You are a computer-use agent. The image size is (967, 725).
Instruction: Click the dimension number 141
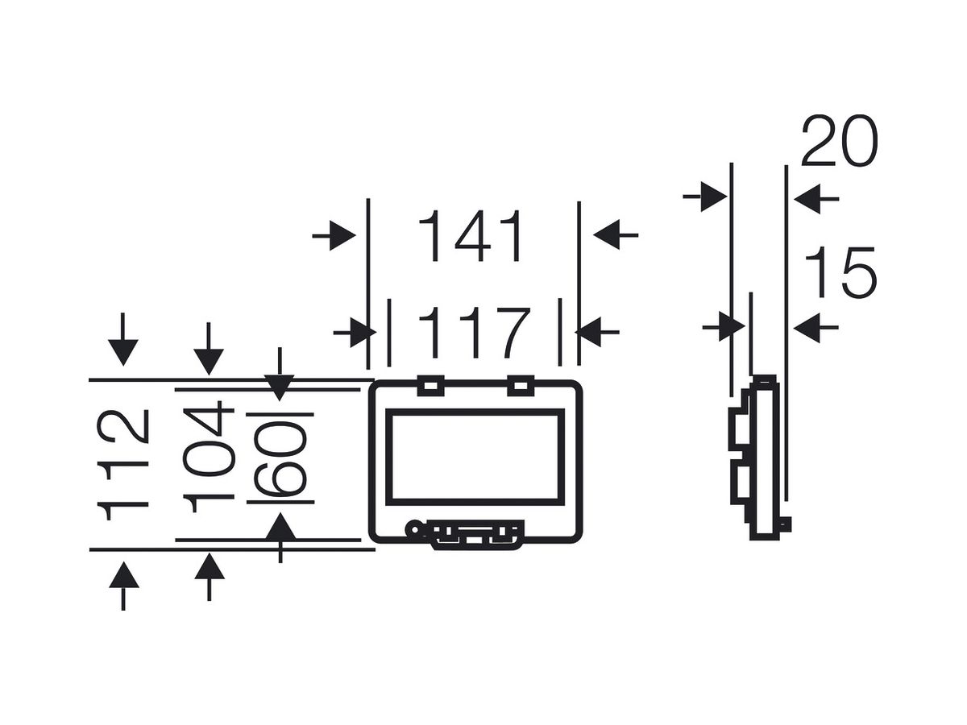[471, 235]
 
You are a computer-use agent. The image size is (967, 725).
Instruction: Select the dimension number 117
[474, 333]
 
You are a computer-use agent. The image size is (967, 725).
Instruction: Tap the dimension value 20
[840, 141]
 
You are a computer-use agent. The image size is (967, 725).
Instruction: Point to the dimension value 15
[840, 271]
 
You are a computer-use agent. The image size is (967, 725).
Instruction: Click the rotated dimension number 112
[123, 465]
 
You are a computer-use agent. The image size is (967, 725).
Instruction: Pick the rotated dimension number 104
[209, 457]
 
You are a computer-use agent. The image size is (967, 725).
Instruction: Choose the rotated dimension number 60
[280, 458]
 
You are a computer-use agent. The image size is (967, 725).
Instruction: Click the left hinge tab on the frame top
[431, 386]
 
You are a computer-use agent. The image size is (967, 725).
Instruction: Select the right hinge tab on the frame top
[521, 386]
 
